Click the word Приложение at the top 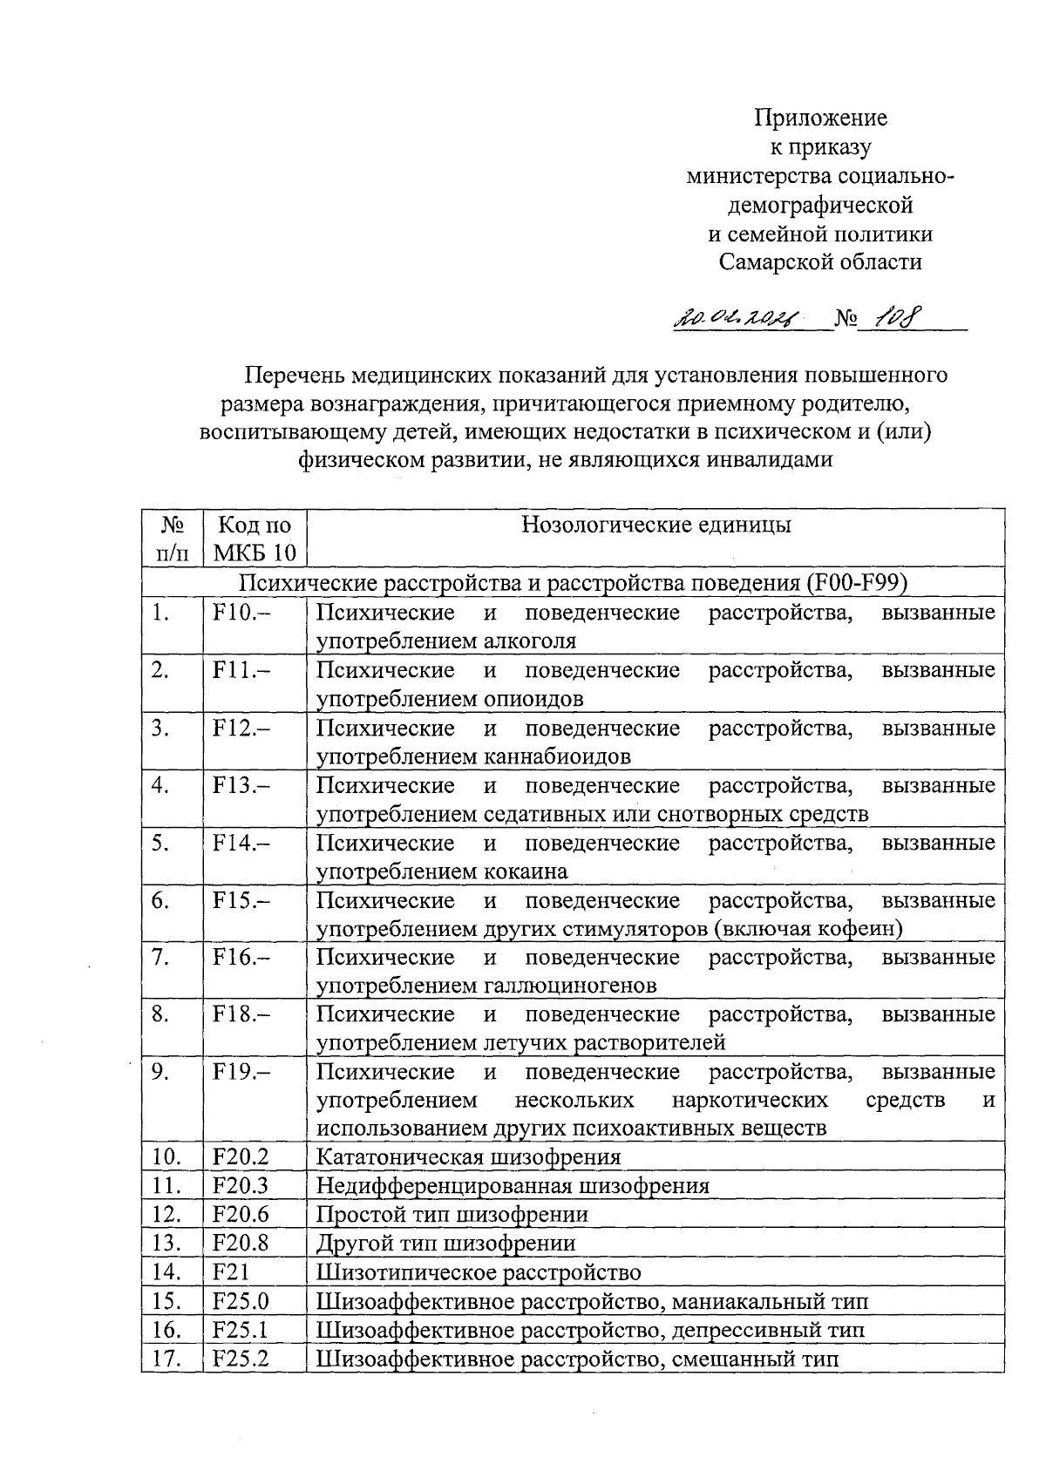(x=820, y=118)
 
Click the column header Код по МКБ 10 (x=254, y=538)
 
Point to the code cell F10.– (x=241, y=613)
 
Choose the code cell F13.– (x=241, y=786)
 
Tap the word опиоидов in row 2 (x=533, y=699)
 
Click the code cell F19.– (x=241, y=1072)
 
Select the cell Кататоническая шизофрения (x=468, y=1157)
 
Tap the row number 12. (x=166, y=1215)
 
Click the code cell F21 (x=231, y=1272)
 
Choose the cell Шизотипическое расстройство (x=479, y=1272)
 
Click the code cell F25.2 (x=241, y=1359)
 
